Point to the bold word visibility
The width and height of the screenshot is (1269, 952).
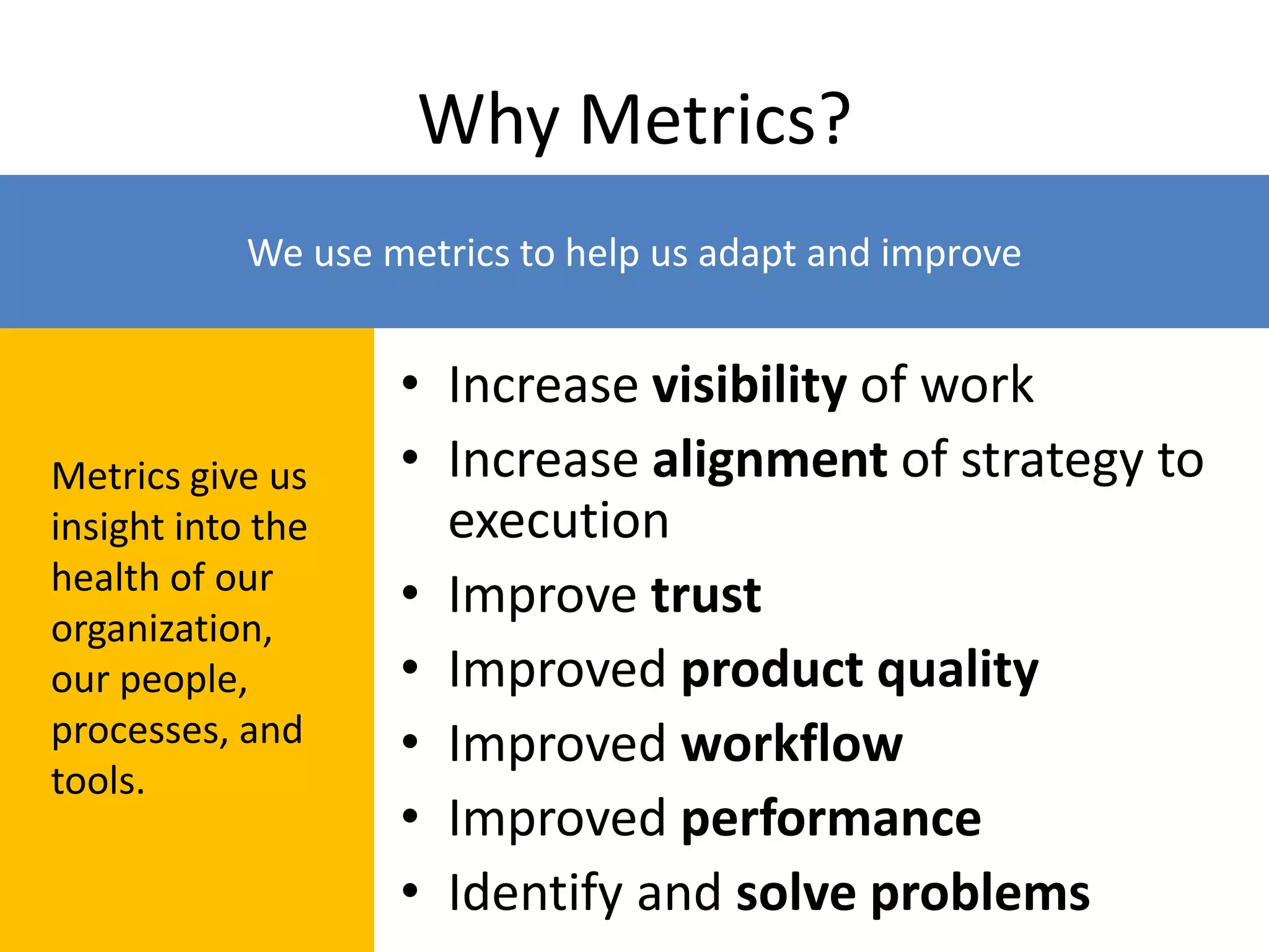point(749,386)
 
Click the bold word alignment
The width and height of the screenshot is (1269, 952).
point(770,460)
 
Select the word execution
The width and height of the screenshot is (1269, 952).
point(558,521)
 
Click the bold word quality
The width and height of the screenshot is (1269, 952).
point(958,671)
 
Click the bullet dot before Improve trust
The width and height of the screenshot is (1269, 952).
point(410,593)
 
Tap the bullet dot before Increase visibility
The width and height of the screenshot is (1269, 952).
point(410,383)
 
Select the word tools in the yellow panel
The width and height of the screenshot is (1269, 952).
point(97,781)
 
